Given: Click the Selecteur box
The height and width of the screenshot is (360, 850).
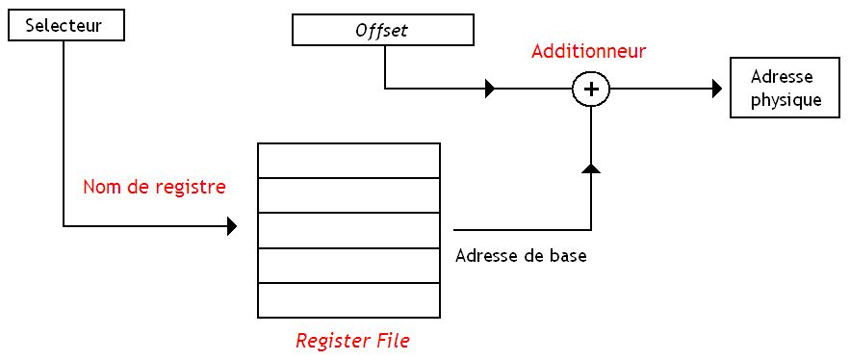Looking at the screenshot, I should (66, 26).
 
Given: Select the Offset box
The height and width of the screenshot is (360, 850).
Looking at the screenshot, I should (381, 31).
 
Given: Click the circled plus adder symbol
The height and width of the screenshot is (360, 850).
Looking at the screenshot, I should (591, 90).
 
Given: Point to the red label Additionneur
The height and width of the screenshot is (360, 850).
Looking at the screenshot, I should (588, 51).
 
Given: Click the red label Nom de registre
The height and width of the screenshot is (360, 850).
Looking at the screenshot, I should (154, 187).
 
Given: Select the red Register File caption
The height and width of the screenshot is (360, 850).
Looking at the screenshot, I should (352, 341).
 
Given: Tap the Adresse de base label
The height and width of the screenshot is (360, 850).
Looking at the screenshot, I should (521, 256).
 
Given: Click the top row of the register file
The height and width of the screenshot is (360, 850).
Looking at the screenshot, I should (348, 161).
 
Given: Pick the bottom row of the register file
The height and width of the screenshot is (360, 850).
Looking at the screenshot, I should (348, 300).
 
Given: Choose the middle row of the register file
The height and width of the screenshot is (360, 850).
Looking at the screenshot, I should (348, 230).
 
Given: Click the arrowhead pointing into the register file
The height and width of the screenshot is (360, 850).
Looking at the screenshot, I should (232, 227).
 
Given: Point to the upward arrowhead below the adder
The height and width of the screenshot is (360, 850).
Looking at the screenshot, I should (591, 168).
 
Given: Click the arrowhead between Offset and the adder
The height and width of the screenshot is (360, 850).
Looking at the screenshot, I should (490, 90).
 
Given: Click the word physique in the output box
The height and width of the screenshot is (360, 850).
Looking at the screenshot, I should (786, 99).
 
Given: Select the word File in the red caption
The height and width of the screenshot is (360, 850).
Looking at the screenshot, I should (392, 341).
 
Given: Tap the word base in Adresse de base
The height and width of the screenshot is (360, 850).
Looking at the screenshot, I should (567, 256).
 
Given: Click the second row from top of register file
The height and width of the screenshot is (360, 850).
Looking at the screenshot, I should (348, 195).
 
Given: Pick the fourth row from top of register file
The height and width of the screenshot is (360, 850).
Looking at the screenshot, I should (348, 266).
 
